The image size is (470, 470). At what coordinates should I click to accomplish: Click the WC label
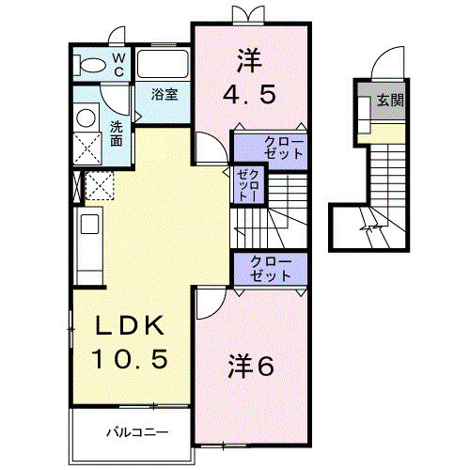pos(119,64)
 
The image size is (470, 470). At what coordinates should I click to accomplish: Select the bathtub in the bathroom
pos(164,65)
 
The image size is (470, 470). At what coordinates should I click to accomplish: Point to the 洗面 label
pos(116,133)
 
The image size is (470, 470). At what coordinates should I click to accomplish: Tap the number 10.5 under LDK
pos(130,359)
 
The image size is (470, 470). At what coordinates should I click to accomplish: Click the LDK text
pos(130,327)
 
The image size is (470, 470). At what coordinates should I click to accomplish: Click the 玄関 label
pos(390,99)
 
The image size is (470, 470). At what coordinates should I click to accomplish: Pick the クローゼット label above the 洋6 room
pos(271,268)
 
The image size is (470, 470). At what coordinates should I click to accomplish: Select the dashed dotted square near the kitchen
pos(100,185)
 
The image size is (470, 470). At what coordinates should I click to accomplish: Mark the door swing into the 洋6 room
pos(210,300)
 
